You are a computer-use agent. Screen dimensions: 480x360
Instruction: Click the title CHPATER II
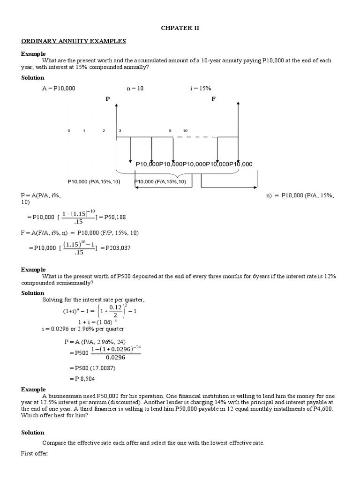(180, 28)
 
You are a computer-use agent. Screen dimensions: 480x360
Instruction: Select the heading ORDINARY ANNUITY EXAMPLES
(74, 41)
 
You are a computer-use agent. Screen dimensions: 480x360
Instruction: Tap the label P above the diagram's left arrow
(108, 99)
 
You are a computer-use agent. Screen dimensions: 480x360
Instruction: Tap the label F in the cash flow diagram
(213, 99)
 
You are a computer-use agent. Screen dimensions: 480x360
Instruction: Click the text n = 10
(135, 88)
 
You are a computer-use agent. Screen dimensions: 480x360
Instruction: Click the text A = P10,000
(59, 88)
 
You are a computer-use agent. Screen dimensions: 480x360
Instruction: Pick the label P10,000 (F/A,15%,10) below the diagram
(160, 181)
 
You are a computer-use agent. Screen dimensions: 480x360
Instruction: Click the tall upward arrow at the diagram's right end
(239, 131)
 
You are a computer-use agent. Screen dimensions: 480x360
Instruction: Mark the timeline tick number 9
(170, 130)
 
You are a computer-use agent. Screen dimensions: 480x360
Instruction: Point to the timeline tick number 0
(69, 130)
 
